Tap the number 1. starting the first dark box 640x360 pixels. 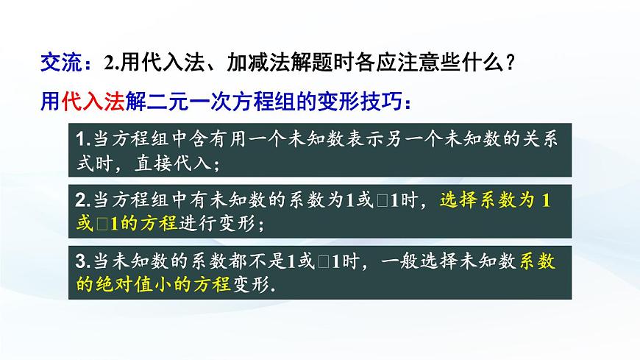[82, 139]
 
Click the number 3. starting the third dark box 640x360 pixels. [82, 261]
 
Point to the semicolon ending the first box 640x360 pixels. [214, 163]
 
